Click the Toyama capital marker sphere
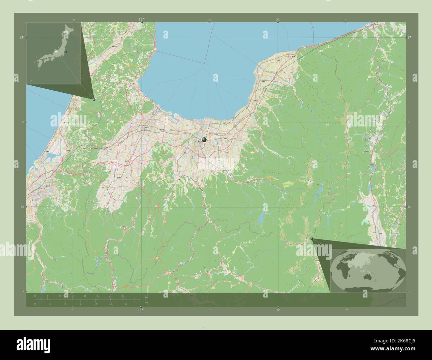[x=204, y=140]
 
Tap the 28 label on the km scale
[x=123, y=296]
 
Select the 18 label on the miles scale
[x=126, y=304]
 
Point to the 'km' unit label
[x=146, y=297]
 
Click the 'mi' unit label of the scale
[x=146, y=302]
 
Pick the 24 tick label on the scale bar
[x=110, y=296]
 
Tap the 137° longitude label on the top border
[x=142, y=20]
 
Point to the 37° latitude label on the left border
[x=22, y=38]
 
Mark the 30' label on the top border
[x=278, y=20]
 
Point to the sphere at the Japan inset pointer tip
[x=94, y=99]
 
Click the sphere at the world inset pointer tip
[x=311, y=238]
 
